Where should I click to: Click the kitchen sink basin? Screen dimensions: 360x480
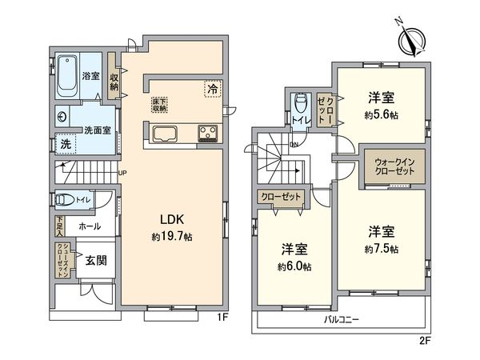tap(162, 134)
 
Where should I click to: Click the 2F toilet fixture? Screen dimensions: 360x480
tap(299, 104)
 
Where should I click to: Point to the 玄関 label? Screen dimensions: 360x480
tap(96, 261)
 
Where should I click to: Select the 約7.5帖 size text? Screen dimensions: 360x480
tap(381, 249)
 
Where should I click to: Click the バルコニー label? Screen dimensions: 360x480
tap(346, 318)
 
